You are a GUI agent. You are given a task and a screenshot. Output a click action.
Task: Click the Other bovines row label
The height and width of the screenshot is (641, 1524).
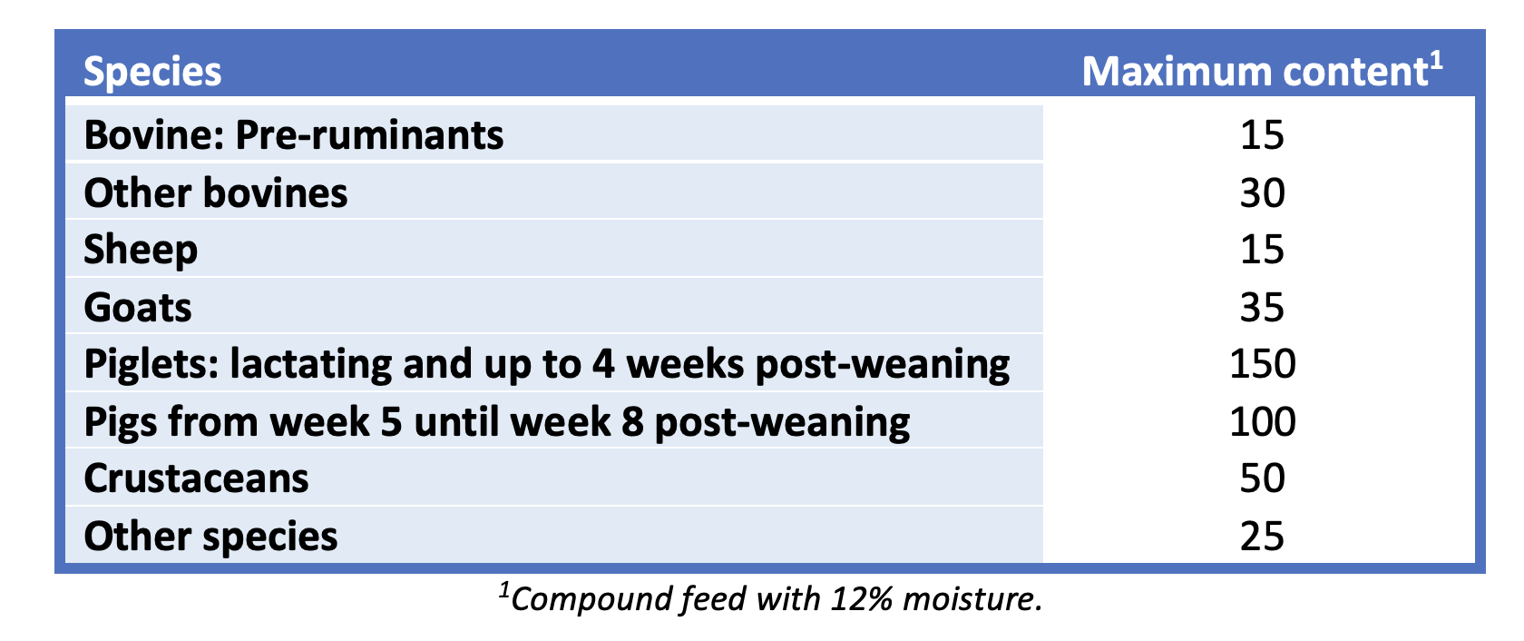pyautogui.click(x=215, y=193)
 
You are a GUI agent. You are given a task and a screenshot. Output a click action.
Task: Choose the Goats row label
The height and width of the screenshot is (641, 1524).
pyautogui.click(x=138, y=308)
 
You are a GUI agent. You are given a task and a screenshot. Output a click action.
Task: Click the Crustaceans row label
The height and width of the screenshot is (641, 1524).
pyautogui.click(x=196, y=478)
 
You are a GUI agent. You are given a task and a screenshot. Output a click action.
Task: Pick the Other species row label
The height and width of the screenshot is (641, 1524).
pyautogui.click(x=210, y=536)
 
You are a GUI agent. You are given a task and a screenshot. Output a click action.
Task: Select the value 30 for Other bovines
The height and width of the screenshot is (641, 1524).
pyautogui.click(x=1262, y=193)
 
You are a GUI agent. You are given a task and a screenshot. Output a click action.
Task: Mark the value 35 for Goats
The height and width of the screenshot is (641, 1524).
pyautogui.click(x=1262, y=308)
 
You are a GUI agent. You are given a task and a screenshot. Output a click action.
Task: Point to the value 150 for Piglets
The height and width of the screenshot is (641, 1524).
pyautogui.click(x=1262, y=364)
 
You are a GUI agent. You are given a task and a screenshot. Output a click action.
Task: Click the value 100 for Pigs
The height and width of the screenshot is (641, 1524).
pyautogui.click(x=1262, y=422)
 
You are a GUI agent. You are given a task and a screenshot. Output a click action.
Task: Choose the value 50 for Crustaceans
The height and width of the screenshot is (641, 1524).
pyautogui.click(x=1262, y=478)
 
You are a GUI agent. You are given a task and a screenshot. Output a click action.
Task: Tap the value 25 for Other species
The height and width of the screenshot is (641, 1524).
pyautogui.click(x=1262, y=536)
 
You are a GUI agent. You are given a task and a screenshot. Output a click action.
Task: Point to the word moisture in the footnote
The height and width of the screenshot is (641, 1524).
pyautogui.click(x=971, y=599)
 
